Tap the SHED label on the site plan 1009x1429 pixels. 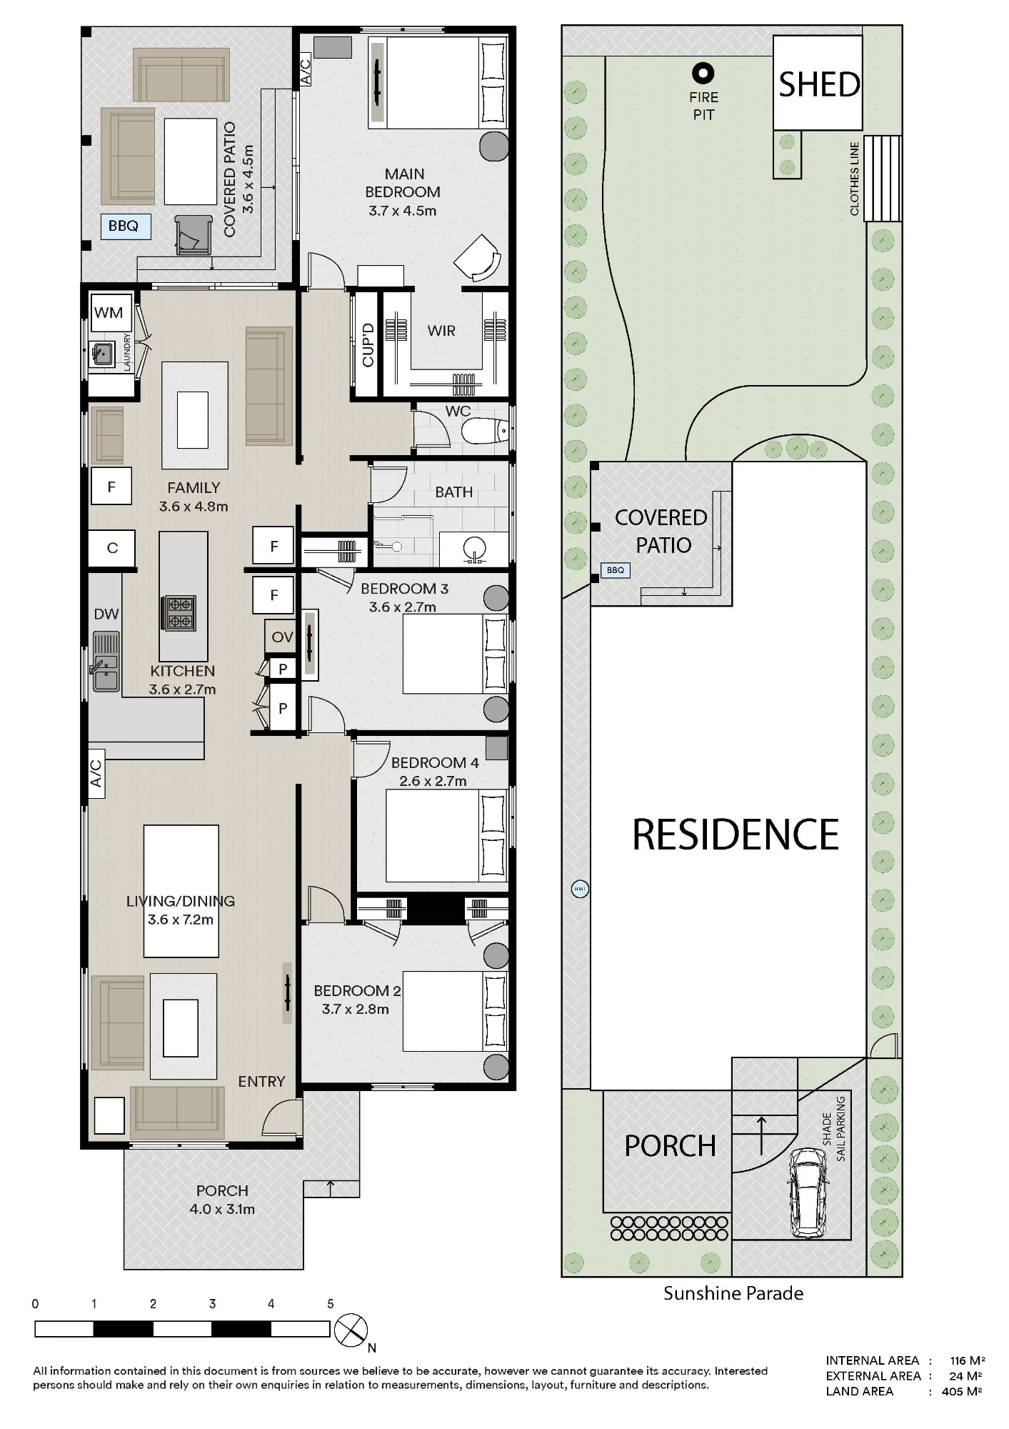point(819,84)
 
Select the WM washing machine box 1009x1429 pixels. point(109,312)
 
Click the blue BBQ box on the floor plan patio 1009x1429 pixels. point(125,226)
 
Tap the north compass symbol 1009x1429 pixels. point(351,1329)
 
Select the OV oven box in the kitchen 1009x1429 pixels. point(281,637)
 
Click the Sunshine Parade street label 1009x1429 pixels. point(733,1293)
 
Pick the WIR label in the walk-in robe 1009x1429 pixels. point(441,331)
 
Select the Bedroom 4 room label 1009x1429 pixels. point(435,763)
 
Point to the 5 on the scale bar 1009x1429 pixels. point(331,1303)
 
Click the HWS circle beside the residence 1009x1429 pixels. point(580,890)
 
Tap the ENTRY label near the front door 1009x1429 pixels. point(261,1082)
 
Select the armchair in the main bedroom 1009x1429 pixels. point(476,259)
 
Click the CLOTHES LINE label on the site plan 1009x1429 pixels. point(854,179)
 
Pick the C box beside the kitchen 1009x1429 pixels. point(112,548)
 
